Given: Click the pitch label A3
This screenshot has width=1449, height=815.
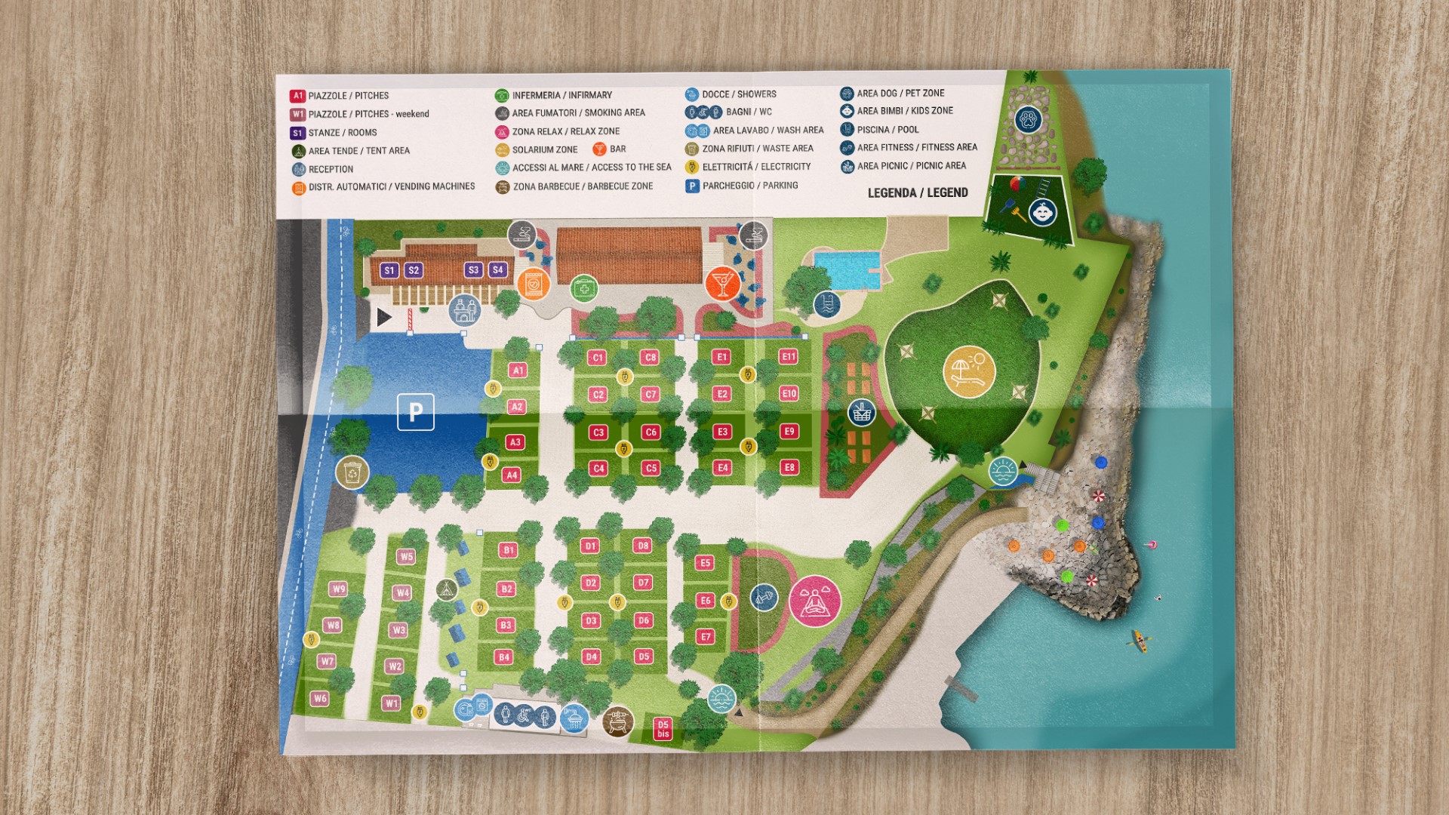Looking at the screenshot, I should point(515,442).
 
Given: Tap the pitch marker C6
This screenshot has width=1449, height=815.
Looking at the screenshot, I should point(651,432).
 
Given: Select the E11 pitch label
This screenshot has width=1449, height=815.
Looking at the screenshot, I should point(788,357).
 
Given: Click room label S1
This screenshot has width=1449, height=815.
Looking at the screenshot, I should point(389,270).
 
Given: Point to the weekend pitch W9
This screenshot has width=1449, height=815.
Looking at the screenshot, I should point(338,589).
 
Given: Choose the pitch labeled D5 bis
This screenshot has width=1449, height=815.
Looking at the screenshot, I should point(663,729).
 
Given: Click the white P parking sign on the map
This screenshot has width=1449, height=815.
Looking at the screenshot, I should point(416,412).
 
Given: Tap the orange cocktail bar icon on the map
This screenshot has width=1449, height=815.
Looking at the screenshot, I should point(722,283).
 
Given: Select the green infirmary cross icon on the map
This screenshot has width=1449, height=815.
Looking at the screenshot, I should point(583,288).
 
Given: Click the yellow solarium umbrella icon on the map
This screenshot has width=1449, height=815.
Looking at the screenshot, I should point(969,371).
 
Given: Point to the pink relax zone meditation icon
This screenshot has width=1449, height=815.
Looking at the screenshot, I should point(814,601).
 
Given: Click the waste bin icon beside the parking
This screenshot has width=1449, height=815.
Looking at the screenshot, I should point(352,472).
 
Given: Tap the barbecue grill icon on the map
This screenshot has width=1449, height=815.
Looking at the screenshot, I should point(618,721).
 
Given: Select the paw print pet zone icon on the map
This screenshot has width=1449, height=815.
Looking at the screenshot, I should point(1027,119).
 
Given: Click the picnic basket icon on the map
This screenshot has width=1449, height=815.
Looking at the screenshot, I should point(861,413).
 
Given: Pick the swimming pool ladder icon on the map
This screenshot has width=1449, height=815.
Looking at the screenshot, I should point(827,304).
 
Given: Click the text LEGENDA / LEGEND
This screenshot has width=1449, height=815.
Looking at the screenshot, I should point(918,193).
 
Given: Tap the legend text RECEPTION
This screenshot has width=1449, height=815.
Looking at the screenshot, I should point(331,169).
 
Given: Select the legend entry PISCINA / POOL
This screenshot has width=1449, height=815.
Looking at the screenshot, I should point(888,130).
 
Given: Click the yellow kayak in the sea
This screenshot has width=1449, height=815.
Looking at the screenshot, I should point(1140,641).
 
